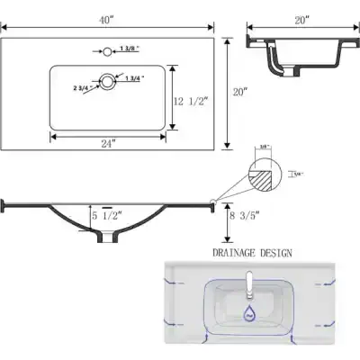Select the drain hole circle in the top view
point(109,83)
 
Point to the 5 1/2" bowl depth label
point(108,216)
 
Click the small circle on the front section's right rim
point(212,202)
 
